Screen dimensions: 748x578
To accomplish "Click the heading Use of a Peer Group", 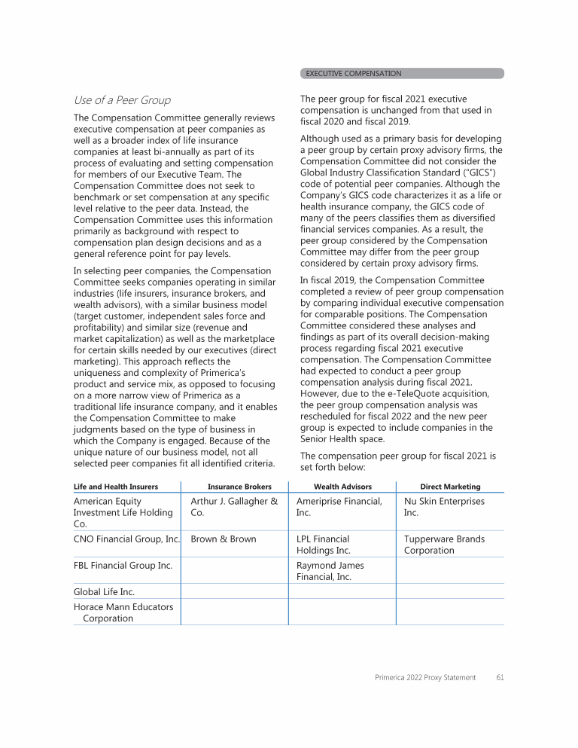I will [x=122, y=100].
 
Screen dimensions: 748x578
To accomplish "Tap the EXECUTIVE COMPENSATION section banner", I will [x=354, y=74].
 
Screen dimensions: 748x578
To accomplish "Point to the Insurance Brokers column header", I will [x=239, y=487].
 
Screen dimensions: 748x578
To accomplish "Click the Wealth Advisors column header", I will [x=342, y=487].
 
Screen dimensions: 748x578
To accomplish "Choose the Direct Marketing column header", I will [x=450, y=487].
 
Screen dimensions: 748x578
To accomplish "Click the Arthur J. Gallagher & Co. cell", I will [x=234, y=507].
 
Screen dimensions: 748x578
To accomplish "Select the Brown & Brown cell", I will [x=223, y=539].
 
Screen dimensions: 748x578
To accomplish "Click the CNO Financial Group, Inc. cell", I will [x=126, y=539].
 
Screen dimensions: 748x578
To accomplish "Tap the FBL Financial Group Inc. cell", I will [x=123, y=566].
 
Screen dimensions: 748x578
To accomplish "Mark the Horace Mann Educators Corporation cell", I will [x=123, y=612].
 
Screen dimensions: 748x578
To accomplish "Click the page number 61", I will [x=500, y=677].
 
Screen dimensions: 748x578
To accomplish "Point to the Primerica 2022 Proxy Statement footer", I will [x=425, y=677].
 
